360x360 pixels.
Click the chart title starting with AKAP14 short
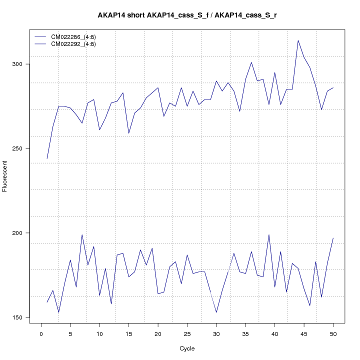(x=187, y=15)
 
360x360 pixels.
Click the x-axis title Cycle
(x=187, y=348)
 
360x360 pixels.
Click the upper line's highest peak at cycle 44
(x=298, y=40)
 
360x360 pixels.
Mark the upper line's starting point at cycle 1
(x=47, y=158)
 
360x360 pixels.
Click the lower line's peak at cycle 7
(x=82, y=234)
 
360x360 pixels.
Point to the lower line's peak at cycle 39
(x=269, y=234)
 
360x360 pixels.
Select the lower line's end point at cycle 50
(x=333, y=238)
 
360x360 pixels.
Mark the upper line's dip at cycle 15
(x=129, y=133)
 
